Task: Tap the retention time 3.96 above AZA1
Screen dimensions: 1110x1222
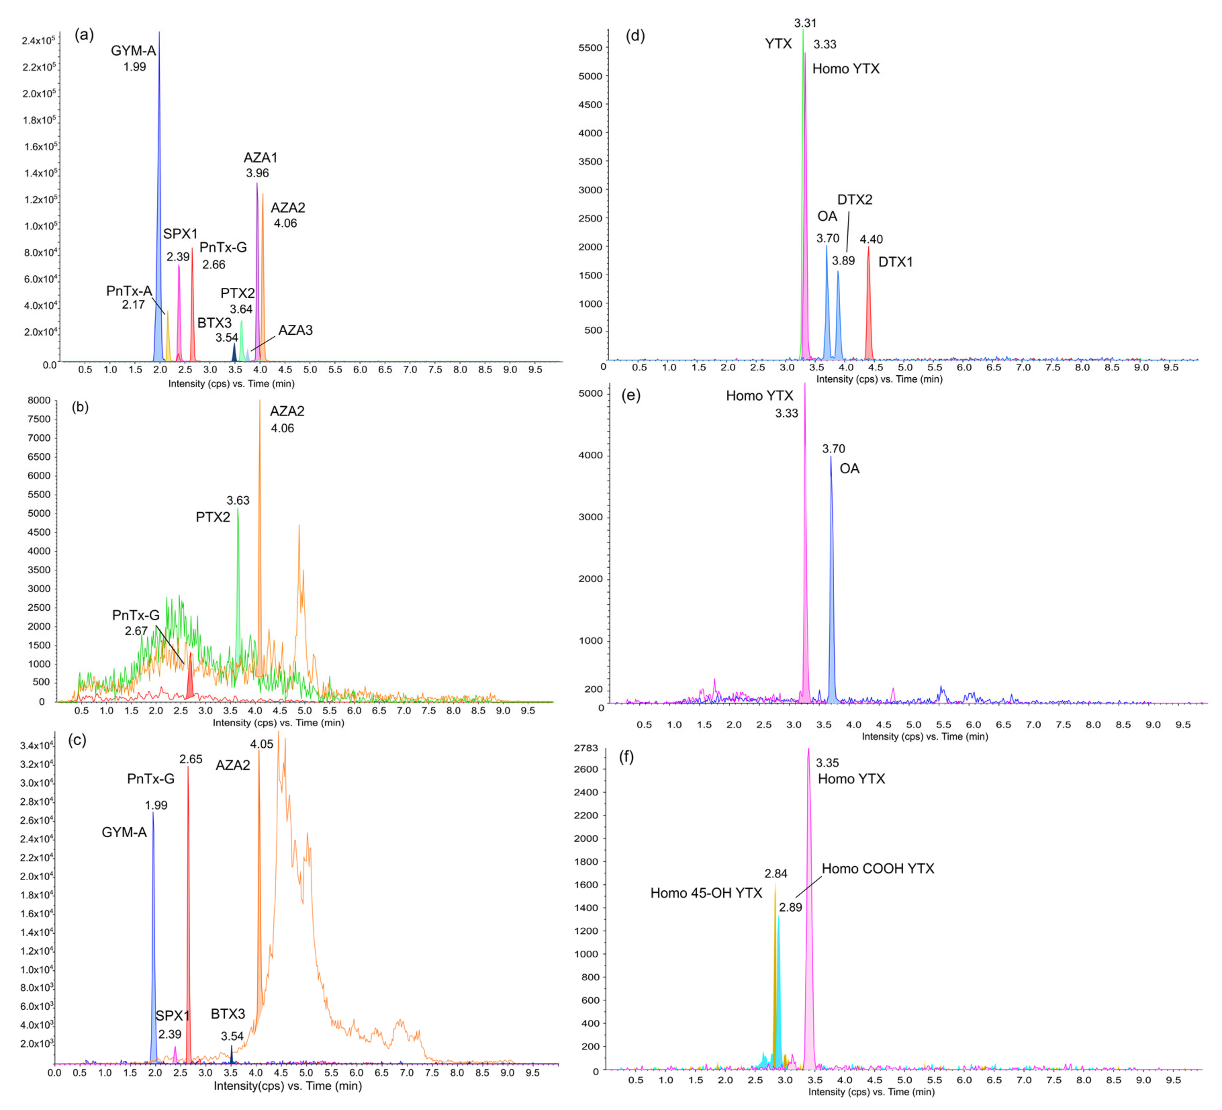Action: point(257,173)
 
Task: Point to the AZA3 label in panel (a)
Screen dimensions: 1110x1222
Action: point(296,330)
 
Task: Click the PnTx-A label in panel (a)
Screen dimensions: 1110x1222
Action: point(129,291)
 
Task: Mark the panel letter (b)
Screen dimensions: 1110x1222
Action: point(80,407)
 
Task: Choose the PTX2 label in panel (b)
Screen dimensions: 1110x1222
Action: point(213,517)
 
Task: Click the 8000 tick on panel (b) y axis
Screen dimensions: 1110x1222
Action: point(39,400)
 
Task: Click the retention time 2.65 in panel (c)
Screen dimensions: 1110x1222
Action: point(191,759)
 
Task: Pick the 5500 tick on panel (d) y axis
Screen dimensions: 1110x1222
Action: point(591,48)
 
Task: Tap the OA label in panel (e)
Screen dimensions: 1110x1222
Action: point(849,469)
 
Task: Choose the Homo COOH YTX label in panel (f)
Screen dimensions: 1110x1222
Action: point(878,869)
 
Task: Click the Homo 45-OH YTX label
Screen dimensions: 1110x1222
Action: point(706,893)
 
